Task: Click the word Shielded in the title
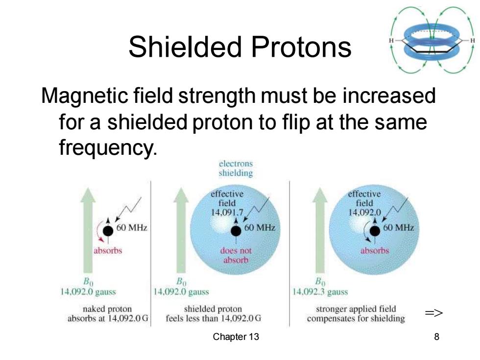pyautogui.click(x=186, y=47)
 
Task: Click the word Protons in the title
pyautogui.click(x=301, y=47)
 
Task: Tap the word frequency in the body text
pyautogui.click(x=108, y=147)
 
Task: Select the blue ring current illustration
pyautogui.click(x=432, y=40)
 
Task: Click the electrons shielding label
pyautogui.click(x=236, y=168)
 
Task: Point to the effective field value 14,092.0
pyautogui.click(x=364, y=212)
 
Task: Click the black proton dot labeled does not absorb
pyautogui.click(x=236, y=231)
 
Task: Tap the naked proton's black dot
pyautogui.click(x=108, y=231)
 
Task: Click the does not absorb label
pyautogui.click(x=236, y=255)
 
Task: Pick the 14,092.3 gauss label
pyautogui.click(x=320, y=291)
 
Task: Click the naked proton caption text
pyautogui.click(x=108, y=313)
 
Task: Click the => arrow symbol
pyautogui.click(x=434, y=313)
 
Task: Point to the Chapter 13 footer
pyautogui.click(x=236, y=337)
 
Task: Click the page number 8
pyautogui.click(x=436, y=337)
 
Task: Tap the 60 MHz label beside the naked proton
pyautogui.click(x=132, y=228)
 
